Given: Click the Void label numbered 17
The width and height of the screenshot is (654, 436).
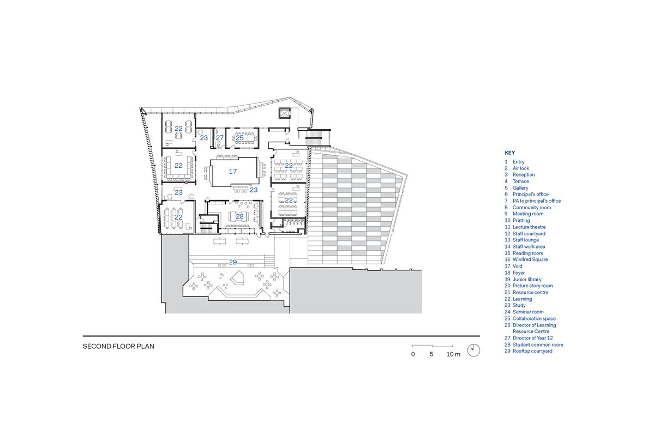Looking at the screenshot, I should pos(233,171).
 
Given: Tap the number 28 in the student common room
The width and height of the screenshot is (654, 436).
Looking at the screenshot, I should pos(239,216).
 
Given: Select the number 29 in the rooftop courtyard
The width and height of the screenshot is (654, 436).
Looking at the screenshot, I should pos(233,262).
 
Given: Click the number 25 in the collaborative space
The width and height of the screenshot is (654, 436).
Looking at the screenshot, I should pos(239,138).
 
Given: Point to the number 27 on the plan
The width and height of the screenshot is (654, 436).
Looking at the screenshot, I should pos(219,138).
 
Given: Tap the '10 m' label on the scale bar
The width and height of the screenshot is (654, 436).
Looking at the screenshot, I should pos(453,354).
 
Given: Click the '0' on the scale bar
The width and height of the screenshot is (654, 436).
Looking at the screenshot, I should pos(413,354).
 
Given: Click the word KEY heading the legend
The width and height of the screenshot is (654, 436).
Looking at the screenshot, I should pos(509,153).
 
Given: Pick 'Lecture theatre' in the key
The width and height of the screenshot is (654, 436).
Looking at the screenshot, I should pos(529,227).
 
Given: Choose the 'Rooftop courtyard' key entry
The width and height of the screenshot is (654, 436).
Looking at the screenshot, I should pos(532,351).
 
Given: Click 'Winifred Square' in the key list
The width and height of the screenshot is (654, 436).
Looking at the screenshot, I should pos(530,259).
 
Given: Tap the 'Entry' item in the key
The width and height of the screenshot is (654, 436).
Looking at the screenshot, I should pos(518,162).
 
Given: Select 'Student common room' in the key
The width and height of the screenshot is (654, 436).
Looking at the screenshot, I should pos(537,344).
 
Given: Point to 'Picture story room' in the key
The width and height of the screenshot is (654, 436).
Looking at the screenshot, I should pos(532,286).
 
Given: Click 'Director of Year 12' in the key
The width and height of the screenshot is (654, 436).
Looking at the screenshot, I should pos(532,338).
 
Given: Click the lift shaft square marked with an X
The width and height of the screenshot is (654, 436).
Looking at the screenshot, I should pos(284,113).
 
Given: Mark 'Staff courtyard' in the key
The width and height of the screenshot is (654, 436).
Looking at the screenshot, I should pos(529,233).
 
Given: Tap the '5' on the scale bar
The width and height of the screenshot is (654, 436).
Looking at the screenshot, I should pos(431,354).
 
